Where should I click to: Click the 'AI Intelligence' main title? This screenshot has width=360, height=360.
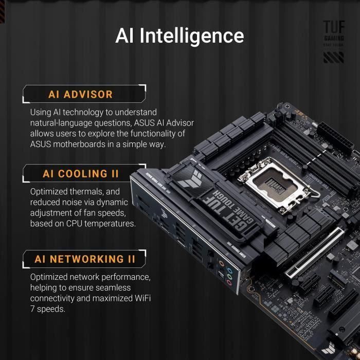(x=179, y=35)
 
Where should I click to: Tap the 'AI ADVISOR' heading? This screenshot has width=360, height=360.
(x=80, y=94)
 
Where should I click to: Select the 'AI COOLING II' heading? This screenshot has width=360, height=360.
(x=81, y=174)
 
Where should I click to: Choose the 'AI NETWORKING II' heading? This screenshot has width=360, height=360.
(x=85, y=259)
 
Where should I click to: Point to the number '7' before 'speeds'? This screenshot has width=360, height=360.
(x=33, y=309)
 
